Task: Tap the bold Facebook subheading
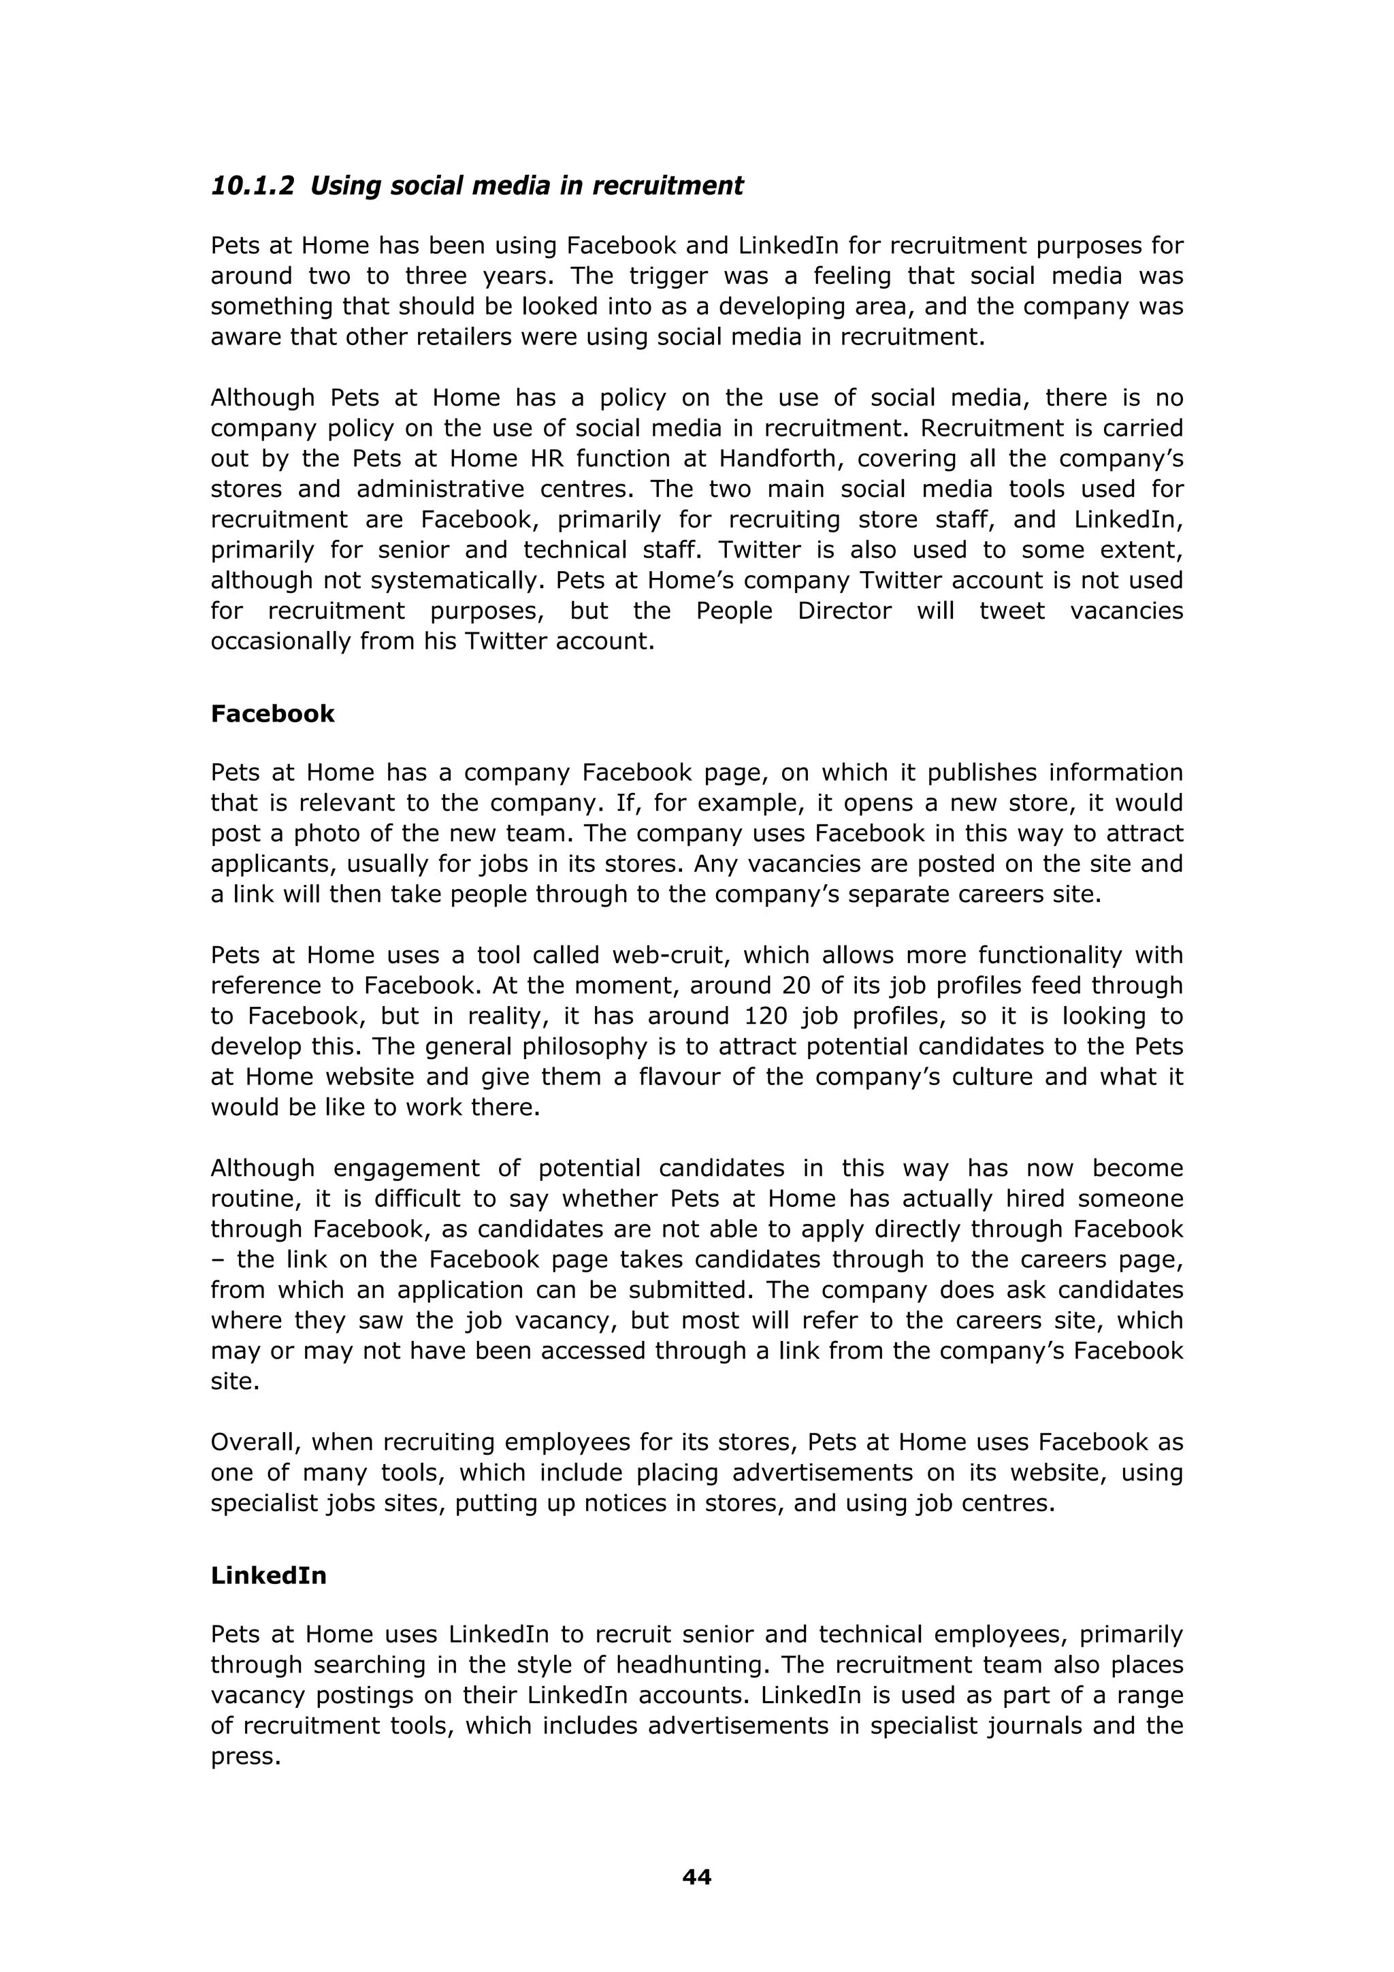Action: coord(272,714)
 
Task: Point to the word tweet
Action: coord(1011,611)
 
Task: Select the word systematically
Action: coord(456,581)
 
